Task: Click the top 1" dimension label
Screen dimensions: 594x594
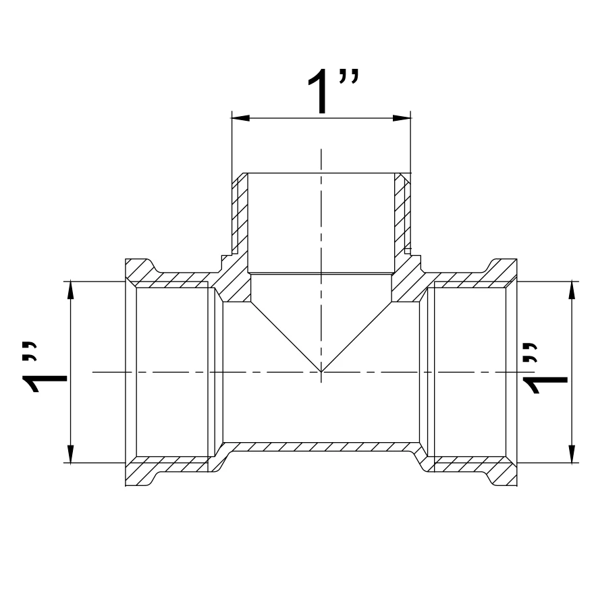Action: click(x=332, y=91)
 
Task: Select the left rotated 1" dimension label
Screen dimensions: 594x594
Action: click(x=45, y=367)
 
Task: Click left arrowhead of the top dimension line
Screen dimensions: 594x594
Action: click(x=240, y=118)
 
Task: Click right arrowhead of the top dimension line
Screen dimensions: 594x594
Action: click(x=402, y=118)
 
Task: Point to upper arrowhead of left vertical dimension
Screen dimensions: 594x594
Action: click(x=70, y=290)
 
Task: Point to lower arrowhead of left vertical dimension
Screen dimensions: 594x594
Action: click(x=70, y=454)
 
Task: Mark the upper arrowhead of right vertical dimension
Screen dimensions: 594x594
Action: click(x=572, y=290)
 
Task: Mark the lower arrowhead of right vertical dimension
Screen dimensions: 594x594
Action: click(x=572, y=454)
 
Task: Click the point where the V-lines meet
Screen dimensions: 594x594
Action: click(x=321, y=372)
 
